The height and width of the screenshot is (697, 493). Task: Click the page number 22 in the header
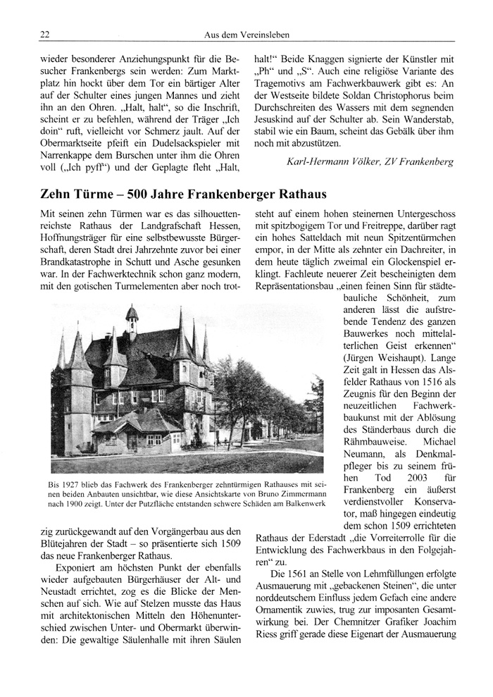click(x=44, y=34)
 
